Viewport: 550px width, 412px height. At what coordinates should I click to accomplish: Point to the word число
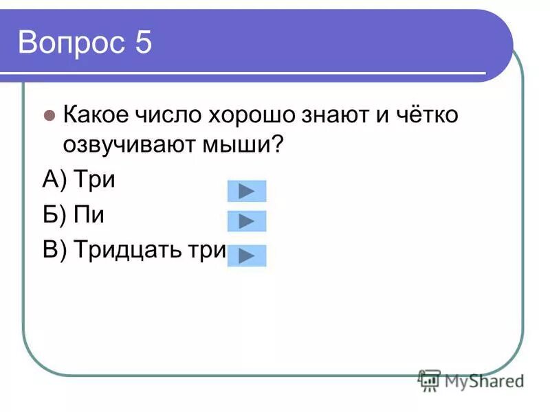coord(166,115)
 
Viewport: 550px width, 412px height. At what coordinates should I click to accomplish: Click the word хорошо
coord(249,115)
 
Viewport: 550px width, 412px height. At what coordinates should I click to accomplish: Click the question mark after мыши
coord(278,146)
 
